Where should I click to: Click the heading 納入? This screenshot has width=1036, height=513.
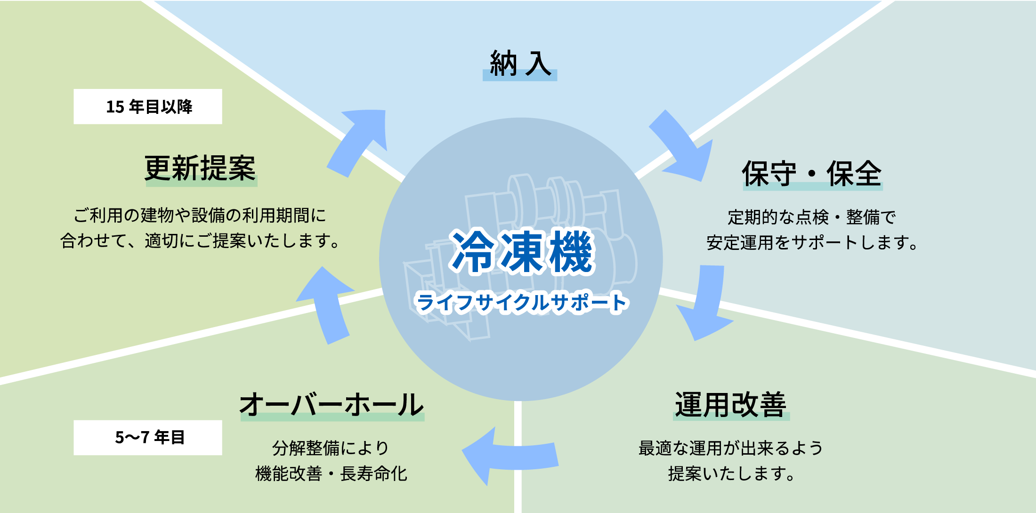pyautogui.click(x=520, y=64)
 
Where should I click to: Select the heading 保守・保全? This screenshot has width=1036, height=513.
pyautogui.click(x=812, y=173)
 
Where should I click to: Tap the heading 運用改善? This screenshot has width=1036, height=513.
pyautogui.click(x=731, y=405)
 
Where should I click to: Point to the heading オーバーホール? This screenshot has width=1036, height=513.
pyautogui.click(x=332, y=405)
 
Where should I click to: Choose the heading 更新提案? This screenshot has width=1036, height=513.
pyautogui.click(x=201, y=168)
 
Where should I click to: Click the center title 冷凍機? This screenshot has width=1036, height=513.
pyautogui.click(x=522, y=252)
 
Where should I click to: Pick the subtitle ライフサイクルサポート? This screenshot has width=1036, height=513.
pyautogui.click(x=522, y=303)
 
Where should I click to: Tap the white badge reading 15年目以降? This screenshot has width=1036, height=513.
pyautogui.click(x=148, y=107)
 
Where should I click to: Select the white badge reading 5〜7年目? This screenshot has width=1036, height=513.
pyautogui.click(x=148, y=438)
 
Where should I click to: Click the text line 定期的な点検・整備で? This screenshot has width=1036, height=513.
pyautogui.click(x=812, y=217)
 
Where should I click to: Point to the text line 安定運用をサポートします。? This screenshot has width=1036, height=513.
pyautogui.click(x=812, y=243)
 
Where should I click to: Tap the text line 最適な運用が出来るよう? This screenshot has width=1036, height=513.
pyautogui.click(x=731, y=448)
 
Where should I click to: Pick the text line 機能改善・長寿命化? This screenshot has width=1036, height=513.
pyautogui.click(x=331, y=474)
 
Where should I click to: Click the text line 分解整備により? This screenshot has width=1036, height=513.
pyautogui.click(x=331, y=448)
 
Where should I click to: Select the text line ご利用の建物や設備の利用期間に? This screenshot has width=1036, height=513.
pyautogui.click(x=200, y=216)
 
